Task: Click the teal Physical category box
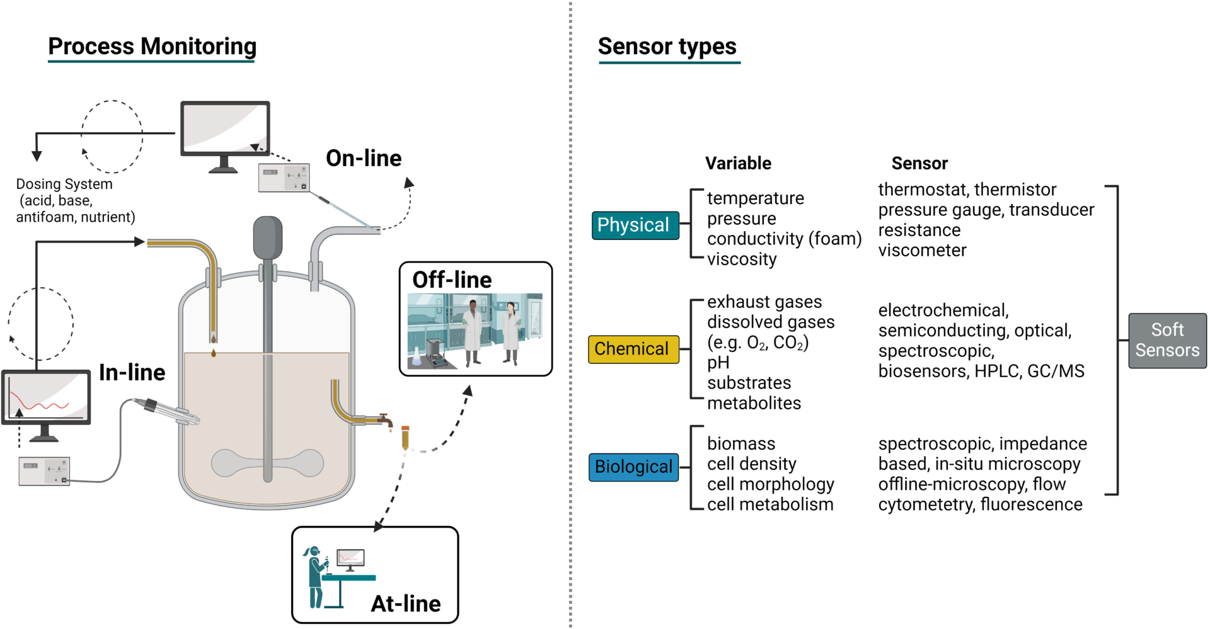(x=635, y=225)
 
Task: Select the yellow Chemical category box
(x=633, y=349)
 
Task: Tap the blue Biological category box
(x=633, y=467)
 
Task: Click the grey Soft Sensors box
(x=1167, y=340)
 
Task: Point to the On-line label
(x=364, y=158)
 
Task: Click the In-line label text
(x=132, y=372)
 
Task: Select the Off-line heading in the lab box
(x=452, y=280)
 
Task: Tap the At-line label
(x=406, y=603)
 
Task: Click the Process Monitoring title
(x=152, y=46)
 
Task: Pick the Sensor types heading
(x=667, y=46)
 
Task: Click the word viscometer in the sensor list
(x=922, y=250)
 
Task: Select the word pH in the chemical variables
(x=718, y=363)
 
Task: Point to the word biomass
(x=741, y=443)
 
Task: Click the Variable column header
(x=738, y=163)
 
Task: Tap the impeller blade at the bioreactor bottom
(x=267, y=463)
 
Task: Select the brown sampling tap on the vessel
(x=385, y=419)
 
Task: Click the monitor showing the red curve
(x=46, y=398)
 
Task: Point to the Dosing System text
(x=64, y=184)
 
